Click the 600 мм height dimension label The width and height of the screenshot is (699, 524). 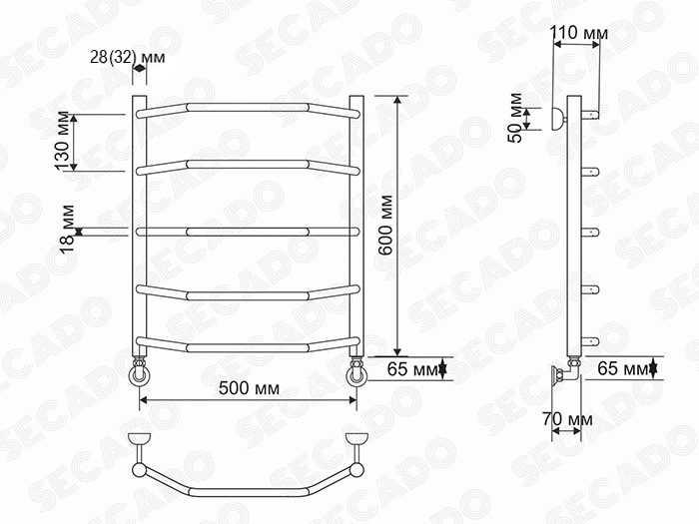click(385, 225)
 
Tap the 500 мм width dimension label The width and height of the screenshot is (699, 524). click(249, 388)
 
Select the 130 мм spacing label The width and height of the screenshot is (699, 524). click(63, 141)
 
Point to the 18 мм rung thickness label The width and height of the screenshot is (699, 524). click(67, 229)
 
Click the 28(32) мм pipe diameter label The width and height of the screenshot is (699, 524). click(128, 58)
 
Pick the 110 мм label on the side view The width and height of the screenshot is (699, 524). click(578, 33)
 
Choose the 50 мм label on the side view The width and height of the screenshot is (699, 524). click(515, 118)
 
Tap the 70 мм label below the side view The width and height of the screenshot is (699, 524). click(567, 419)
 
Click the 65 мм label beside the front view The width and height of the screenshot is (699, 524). click(412, 369)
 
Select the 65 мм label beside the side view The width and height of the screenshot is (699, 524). click(623, 368)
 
